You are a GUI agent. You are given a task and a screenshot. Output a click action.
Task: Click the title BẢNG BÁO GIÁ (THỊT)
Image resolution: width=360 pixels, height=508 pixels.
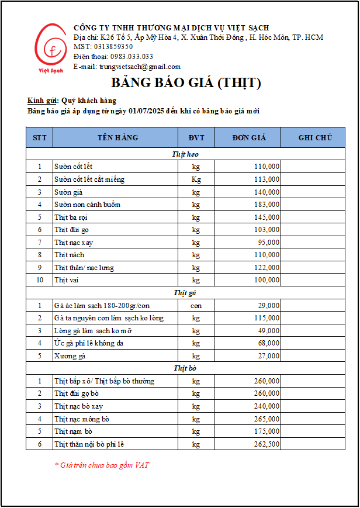tap(186, 82)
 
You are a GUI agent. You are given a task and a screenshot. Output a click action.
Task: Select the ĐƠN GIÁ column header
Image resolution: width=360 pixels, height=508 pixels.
tap(248, 138)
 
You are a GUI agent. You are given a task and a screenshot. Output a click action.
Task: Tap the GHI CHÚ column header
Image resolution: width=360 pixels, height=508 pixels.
tap(315, 138)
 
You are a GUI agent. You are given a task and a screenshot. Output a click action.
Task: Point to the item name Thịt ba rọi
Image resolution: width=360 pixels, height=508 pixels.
tap(71, 217)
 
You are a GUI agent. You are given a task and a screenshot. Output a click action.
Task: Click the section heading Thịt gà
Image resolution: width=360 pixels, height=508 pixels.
tap(185, 293)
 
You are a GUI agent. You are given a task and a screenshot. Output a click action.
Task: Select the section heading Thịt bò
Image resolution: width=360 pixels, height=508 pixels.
tap(185, 368)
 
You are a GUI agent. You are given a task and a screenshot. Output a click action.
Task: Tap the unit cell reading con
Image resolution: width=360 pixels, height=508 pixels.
tap(196, 306)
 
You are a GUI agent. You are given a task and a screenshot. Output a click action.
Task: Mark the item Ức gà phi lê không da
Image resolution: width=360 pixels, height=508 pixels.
tap(89, 343)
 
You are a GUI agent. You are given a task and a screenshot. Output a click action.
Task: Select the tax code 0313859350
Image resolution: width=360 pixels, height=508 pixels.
tap(112, 47)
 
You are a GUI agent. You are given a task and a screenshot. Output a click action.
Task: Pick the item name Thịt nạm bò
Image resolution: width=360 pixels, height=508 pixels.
tap(74, 431)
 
